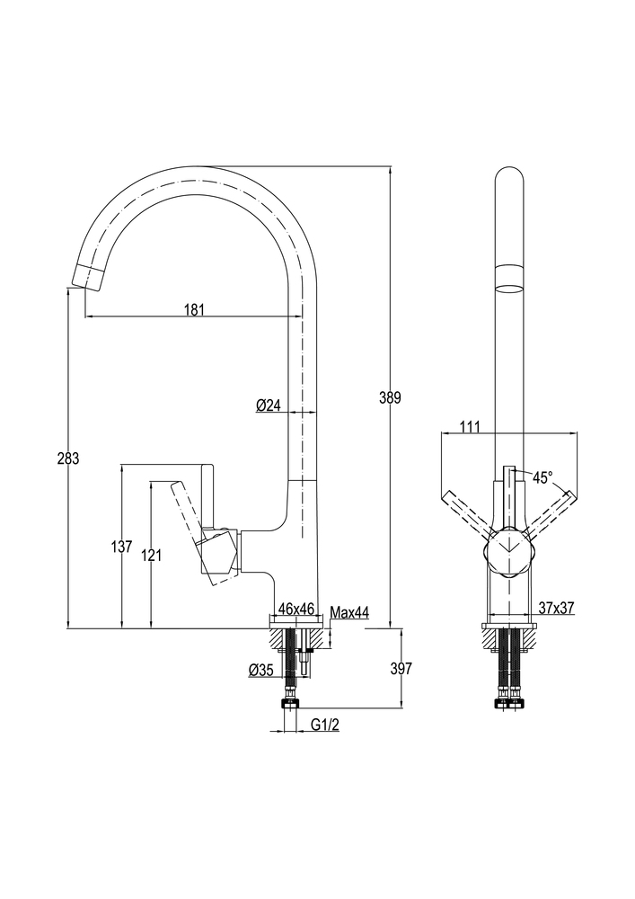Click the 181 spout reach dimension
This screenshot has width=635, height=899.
click(x=195, y=309)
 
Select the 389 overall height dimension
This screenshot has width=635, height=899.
click(x=389, y=397)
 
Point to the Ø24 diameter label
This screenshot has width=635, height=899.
click(x=269, y=405)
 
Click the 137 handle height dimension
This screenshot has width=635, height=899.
click(x=121, y=546)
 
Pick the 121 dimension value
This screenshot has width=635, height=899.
click(x=151, y=556)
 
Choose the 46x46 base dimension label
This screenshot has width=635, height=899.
click(x=296, y=609)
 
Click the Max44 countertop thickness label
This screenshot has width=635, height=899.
click(x=349, y=612)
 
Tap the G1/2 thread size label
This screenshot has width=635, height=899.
click(x=325, y=725)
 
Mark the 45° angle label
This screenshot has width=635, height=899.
click(x=542, y=477)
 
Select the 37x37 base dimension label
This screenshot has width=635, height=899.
click(x=557, y=609)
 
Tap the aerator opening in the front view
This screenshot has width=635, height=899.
click(x=509, y=289)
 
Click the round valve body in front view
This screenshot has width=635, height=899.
click(x=509, y=547)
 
